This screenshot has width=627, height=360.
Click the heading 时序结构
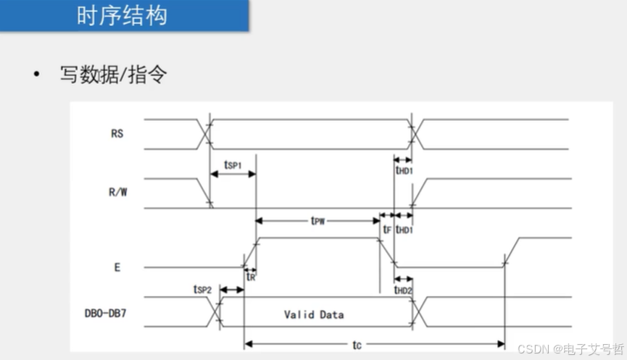122,16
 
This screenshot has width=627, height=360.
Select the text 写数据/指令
114,75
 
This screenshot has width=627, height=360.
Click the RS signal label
117,133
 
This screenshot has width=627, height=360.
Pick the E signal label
117,267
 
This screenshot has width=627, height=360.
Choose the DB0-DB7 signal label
108,314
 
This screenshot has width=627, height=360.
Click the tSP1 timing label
232,164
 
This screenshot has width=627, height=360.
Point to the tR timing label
250,276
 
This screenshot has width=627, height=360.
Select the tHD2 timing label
404,290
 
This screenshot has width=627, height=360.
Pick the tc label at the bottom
357,346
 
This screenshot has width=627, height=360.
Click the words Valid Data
314,314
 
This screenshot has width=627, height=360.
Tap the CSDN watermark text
570,348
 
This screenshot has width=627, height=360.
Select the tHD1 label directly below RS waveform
404,170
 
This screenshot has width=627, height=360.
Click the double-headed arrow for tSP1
233,174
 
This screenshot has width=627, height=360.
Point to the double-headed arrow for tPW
317,215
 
